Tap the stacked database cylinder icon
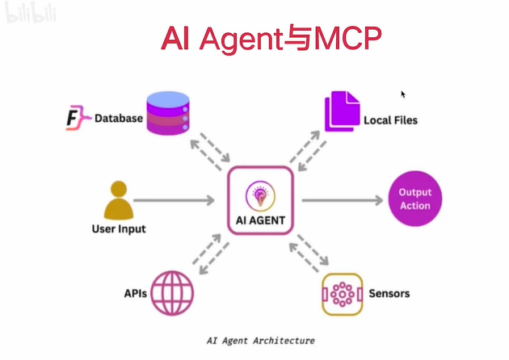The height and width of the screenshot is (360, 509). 168,113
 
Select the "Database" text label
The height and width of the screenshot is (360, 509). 118,119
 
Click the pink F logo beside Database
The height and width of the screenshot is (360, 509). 75,118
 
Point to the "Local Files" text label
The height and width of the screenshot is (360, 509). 390,120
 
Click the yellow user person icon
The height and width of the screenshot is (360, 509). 118,200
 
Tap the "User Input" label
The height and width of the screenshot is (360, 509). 118,229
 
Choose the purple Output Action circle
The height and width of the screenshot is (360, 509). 415,199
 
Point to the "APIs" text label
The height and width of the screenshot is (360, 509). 135,294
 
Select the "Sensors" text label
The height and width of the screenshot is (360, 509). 389,293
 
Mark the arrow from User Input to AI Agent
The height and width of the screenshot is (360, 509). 174,199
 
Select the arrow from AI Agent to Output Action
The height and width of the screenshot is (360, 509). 341,199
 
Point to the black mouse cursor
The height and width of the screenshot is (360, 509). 403,94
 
